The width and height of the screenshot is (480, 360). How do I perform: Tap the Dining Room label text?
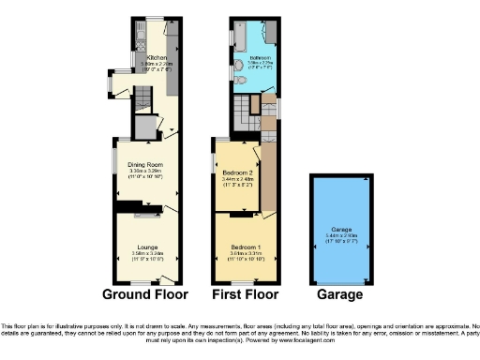[x=146, y=166]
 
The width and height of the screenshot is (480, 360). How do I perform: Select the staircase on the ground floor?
[x=142, y=99]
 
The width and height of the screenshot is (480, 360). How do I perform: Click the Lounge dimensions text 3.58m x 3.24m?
[x=146, y=252]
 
